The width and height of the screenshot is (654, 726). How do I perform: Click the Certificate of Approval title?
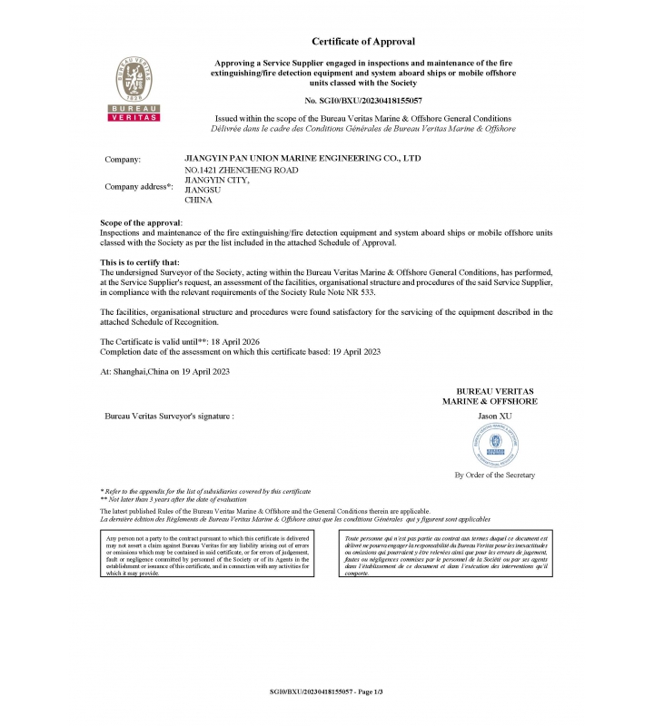point(362,42)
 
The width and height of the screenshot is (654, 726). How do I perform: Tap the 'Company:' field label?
point(123,160)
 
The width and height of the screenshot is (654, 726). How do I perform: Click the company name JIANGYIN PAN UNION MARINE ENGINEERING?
point(302,159)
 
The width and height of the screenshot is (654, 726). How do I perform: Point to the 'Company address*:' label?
point(138,187)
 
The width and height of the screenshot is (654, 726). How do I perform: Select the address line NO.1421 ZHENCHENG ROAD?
point(241,170)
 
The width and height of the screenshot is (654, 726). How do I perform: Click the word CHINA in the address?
point(198,200)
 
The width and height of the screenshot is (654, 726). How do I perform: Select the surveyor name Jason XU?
point(495,415)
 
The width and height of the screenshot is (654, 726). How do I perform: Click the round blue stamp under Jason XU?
point(495,445)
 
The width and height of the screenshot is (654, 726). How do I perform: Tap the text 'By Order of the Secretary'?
point(494,475)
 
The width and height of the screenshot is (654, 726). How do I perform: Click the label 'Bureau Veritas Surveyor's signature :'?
point(169,415)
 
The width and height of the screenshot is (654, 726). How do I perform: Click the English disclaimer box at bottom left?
point(208,555)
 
